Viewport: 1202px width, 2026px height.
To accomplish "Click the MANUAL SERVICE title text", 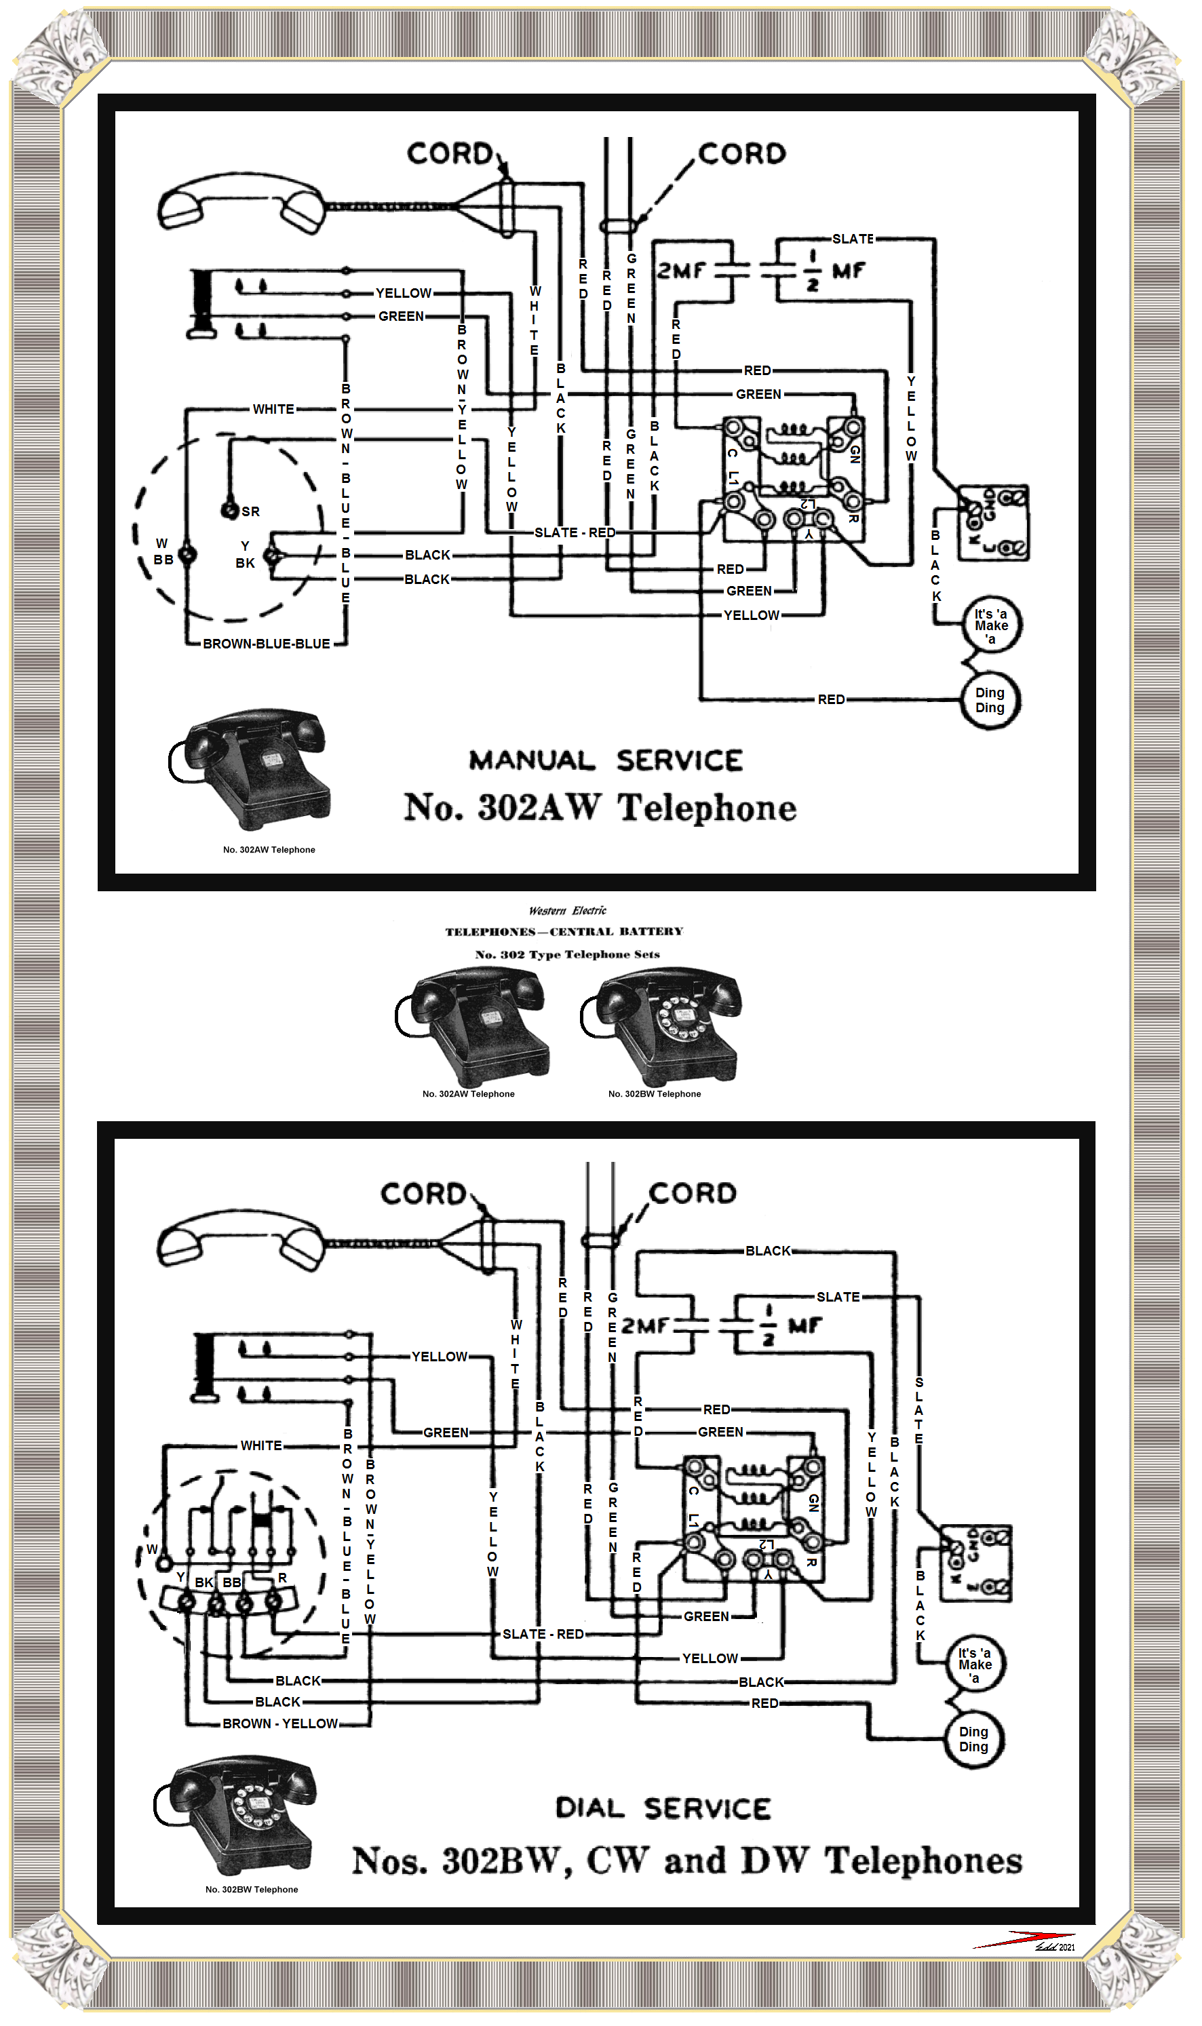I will pos(606,760).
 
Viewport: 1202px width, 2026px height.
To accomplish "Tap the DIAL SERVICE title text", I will pos(663,1808).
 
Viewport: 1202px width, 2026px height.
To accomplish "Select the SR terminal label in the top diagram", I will pos(250,512).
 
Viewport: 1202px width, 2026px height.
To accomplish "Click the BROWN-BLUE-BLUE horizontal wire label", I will pos(266,644).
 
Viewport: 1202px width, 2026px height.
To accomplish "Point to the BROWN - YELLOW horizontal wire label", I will pos(280,1723).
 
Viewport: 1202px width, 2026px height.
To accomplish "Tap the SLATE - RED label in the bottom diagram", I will pos(543,1634).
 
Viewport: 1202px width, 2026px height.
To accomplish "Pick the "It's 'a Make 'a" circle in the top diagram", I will pos(990,626).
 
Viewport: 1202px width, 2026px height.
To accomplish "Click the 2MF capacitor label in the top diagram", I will pos(680,271).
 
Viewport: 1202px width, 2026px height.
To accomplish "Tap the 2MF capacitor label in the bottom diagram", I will pos(646,1325).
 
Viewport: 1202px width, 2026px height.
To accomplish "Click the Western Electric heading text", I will pos(567,910).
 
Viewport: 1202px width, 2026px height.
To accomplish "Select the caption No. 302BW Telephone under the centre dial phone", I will pos(655,1094).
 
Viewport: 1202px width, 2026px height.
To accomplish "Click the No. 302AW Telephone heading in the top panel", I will pos(600,807).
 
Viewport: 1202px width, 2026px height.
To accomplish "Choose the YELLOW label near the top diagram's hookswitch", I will pos(404,293).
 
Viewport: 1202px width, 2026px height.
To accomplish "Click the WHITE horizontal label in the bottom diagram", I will pos(260,1445).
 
